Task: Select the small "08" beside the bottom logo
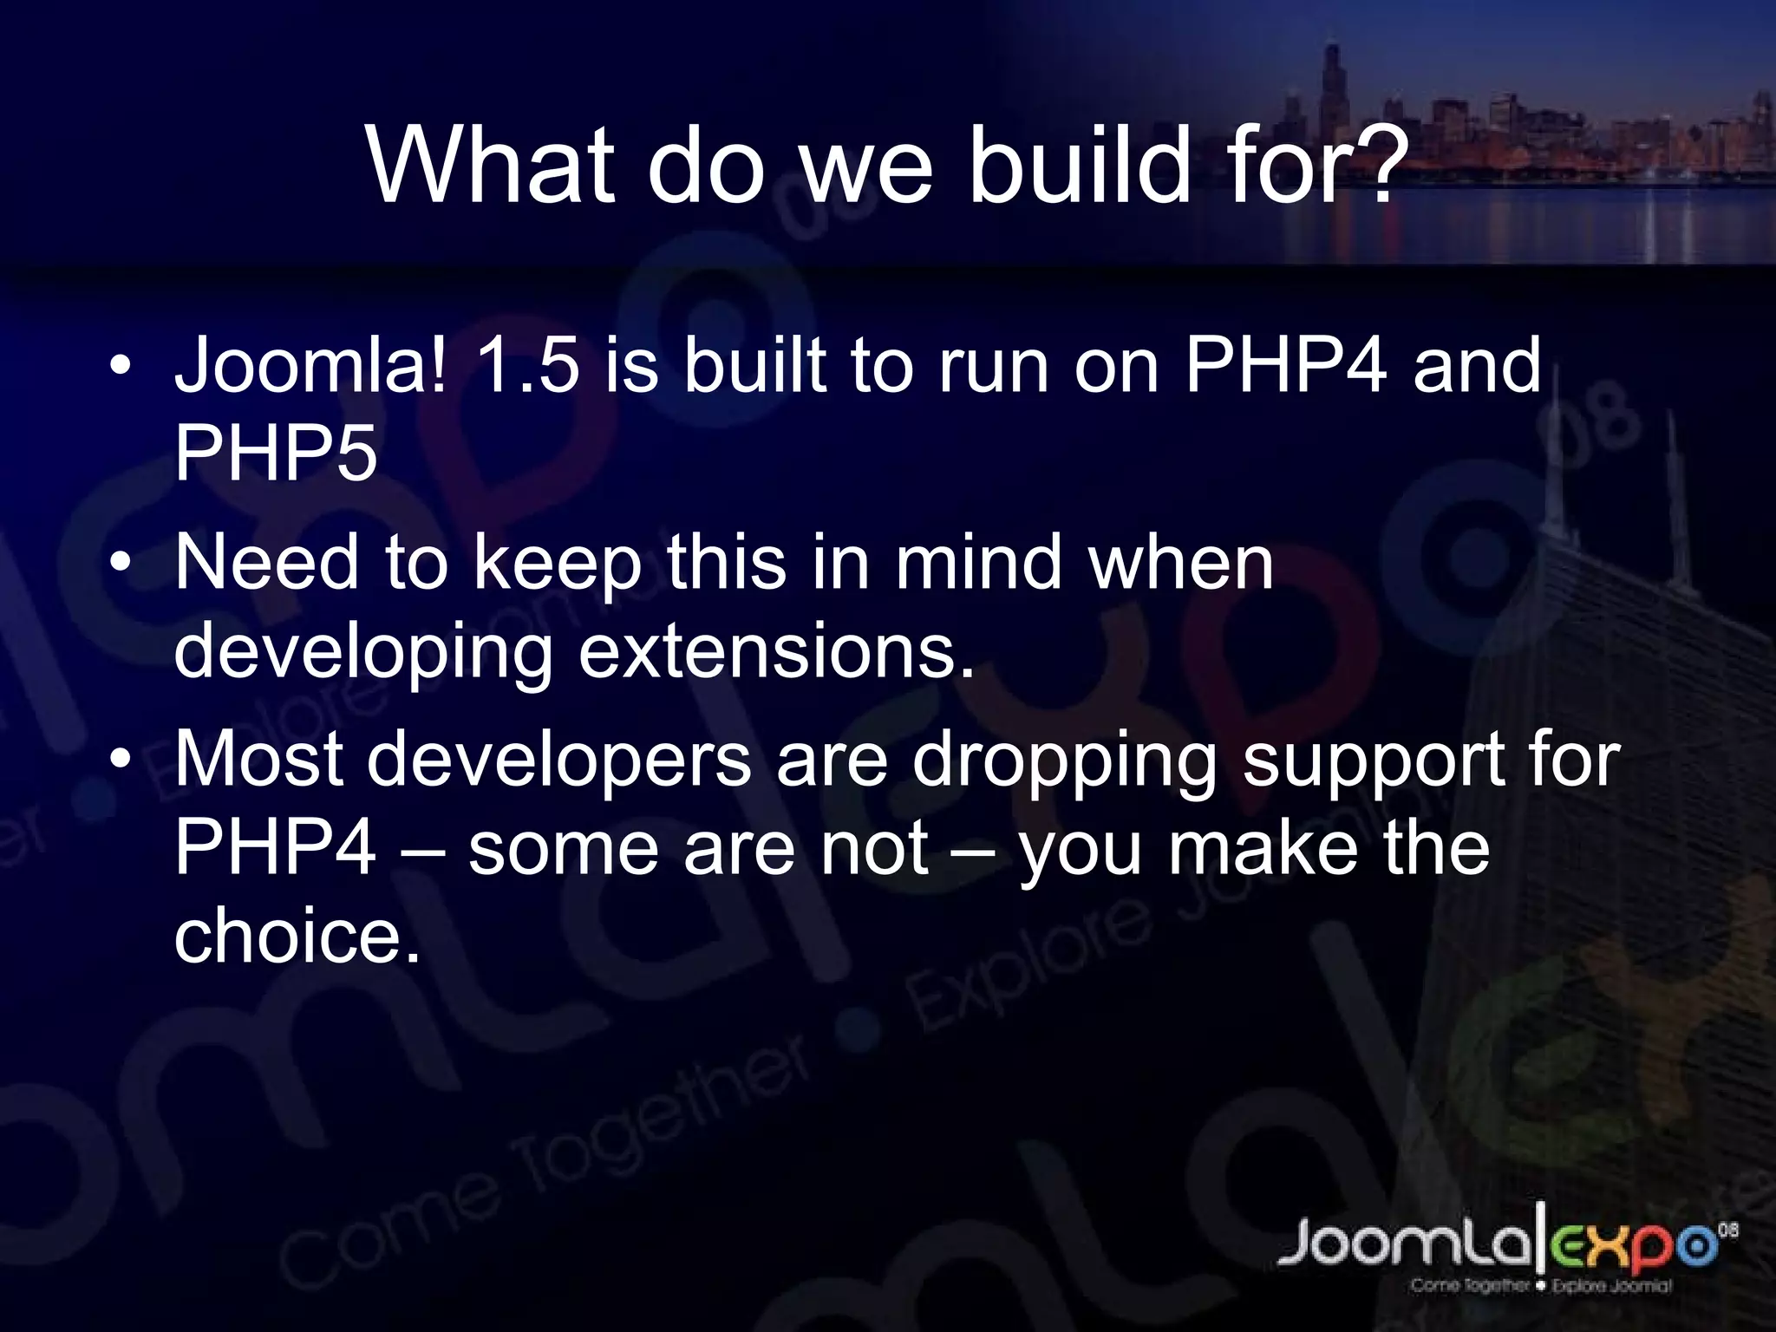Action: click(1727, 1230)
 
